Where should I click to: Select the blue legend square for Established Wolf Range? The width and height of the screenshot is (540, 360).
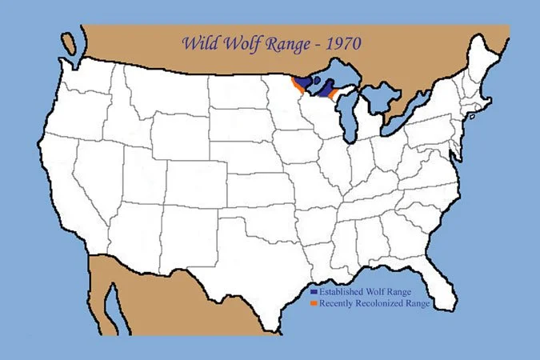coord(314,291)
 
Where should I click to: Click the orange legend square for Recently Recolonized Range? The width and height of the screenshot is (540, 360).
coord(314,303)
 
